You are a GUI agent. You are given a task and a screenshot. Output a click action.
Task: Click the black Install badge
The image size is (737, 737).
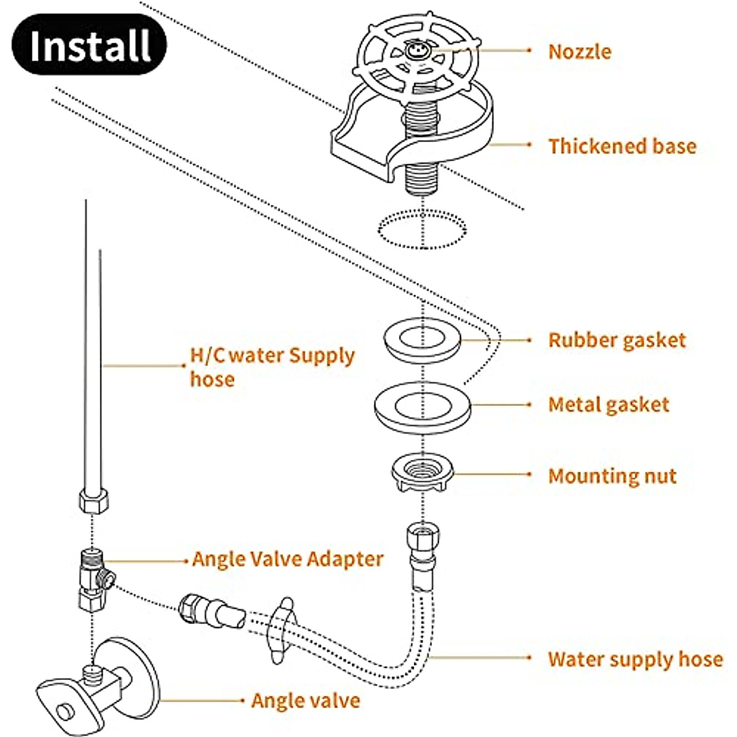coord(90,45)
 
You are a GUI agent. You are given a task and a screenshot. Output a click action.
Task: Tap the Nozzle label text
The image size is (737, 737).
coord(579,52)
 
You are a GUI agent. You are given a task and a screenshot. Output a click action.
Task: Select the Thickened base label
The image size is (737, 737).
coord(622,146)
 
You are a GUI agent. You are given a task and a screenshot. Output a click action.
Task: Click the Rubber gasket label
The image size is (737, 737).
coord(617,340)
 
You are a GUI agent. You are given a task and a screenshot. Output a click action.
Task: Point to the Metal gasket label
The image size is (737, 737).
coord(609,405)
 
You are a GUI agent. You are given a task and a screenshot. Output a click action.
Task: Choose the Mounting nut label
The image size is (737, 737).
coord(612,476)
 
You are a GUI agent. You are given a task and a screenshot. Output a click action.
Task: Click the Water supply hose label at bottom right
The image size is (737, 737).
coord(635,659)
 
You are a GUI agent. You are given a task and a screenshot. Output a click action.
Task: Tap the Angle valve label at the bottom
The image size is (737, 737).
coord(305,701)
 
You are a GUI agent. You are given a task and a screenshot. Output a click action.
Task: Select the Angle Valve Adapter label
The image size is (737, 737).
coord(287,560)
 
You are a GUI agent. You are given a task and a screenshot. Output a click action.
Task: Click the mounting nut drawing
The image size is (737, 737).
coord(423,473)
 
